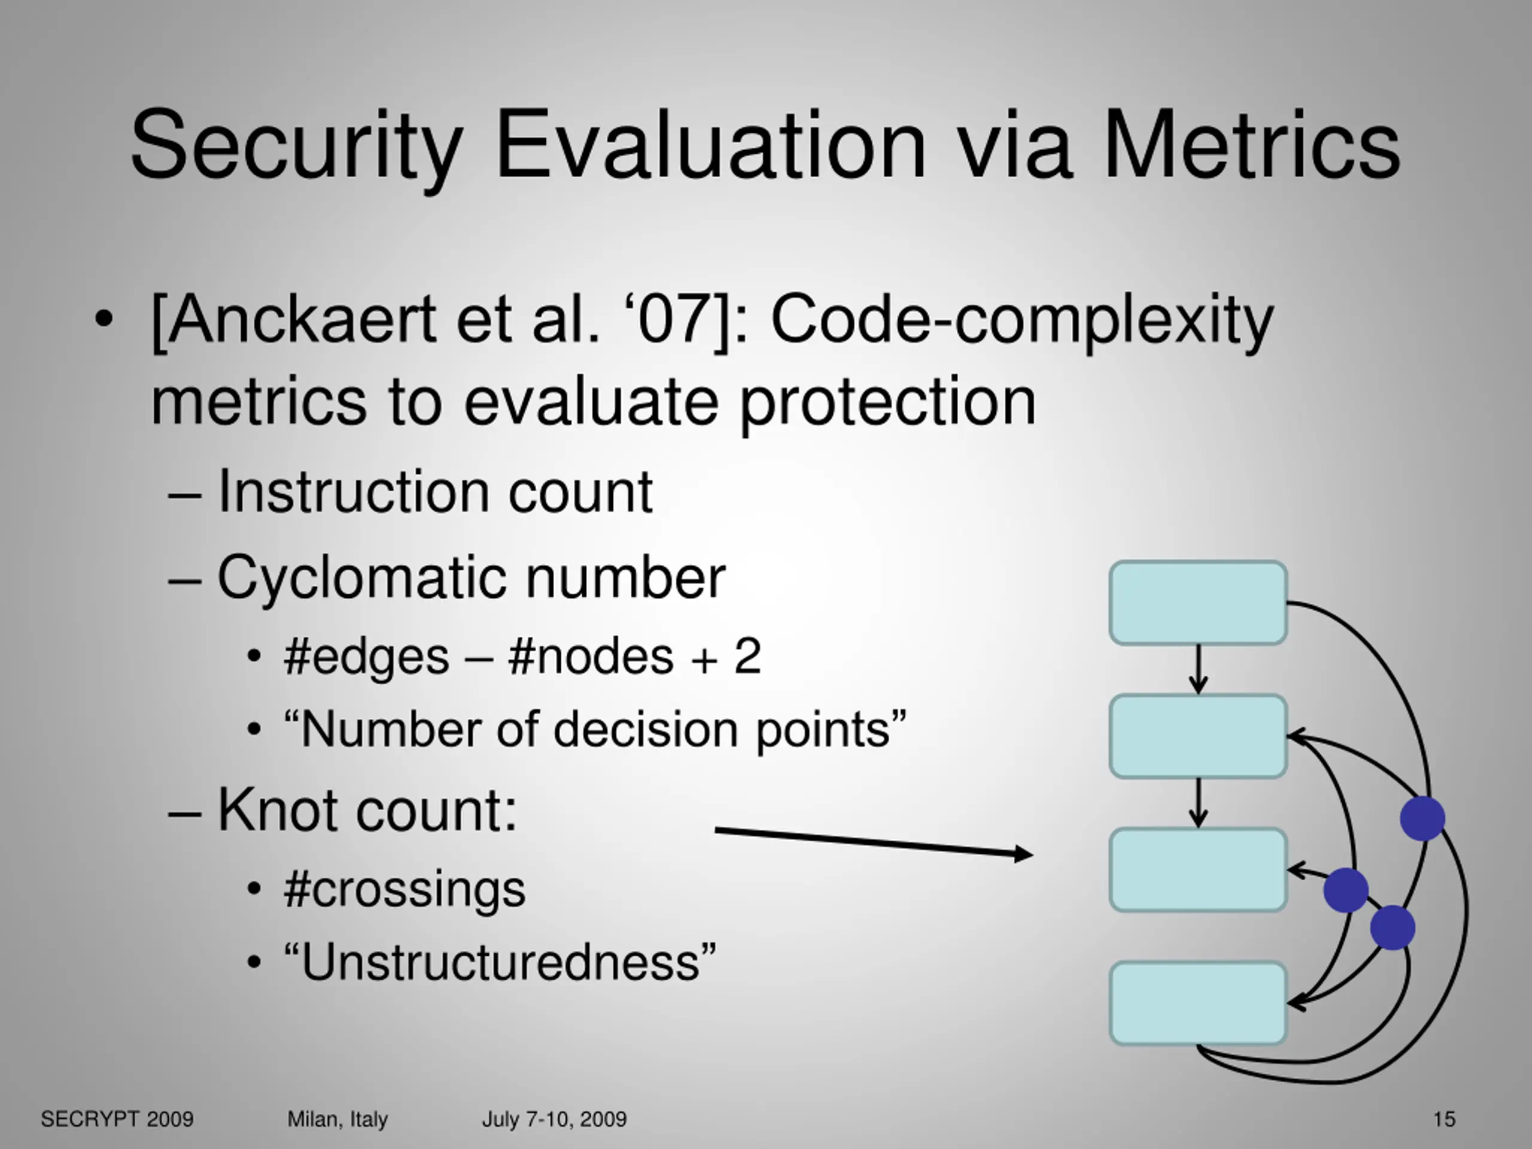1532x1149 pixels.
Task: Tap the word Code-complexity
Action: coord(1022,320)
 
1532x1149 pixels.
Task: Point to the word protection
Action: coord(888,403)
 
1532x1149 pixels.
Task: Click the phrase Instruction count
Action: coord(435,492)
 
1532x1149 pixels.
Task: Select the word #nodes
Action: coord(590,656)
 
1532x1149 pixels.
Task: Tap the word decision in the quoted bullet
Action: coord(646,730)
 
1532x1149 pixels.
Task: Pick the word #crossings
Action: coord(405,889)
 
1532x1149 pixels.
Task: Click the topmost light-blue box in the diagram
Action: coord(1198,603)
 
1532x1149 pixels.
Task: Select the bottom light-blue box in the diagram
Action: coord(1198,1003)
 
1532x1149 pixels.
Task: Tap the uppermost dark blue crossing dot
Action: coord(1422,818)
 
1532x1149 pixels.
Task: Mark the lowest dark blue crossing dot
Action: coord(1392,928)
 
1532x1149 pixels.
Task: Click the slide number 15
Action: coord(1444,1119)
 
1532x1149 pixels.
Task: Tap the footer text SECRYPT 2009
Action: coord(117,1119)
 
